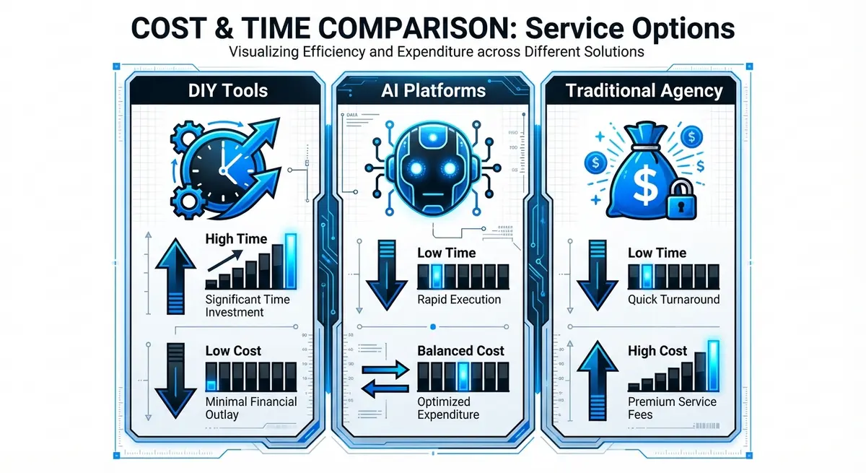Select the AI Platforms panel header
(x=433, y=90)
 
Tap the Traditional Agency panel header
(x=644, y=90)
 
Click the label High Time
(x=236, y=239)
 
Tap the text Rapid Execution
(x=459, y=299)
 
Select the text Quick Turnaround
(x=673, y=299)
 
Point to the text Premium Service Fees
(x=671, y=407)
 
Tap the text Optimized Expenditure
(x=448, y=407)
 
